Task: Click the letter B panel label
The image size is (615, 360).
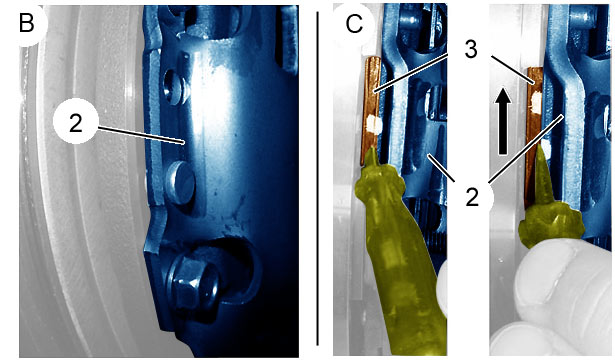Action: coord(27,24)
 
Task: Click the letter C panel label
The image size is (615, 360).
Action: coord(354,24)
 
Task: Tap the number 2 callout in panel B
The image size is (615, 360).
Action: coord(75,123)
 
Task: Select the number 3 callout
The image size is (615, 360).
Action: coord(471,49)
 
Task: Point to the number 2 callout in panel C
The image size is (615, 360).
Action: coord(472,197)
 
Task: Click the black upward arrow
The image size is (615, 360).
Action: coord(503,121)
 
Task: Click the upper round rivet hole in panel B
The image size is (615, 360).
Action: coord(174,86)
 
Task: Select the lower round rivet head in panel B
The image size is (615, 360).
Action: coord(180,182)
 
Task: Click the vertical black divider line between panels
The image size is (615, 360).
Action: coord(317,178)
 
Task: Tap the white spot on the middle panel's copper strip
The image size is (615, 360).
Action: coord(373,125)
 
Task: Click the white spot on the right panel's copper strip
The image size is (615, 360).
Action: coord(535,101)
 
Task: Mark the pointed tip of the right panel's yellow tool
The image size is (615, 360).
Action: coord(541,145)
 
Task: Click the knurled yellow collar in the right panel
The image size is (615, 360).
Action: coord(551,225)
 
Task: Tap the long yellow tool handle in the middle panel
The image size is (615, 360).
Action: coord(404,275)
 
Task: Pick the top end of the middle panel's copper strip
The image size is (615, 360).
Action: coord(373,59)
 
